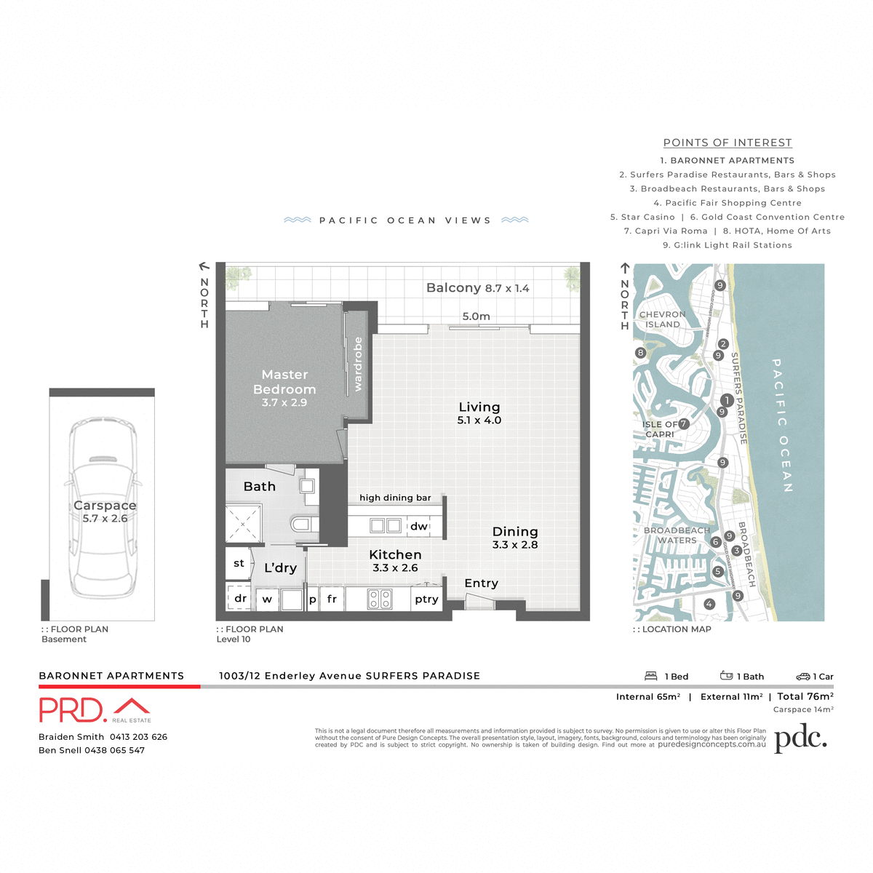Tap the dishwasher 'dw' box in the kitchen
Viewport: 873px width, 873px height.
419,526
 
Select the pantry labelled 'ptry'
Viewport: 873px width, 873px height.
426,599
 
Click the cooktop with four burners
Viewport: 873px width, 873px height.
380,599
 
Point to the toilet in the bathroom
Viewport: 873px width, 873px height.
303,524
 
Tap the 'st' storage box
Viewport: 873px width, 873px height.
239,563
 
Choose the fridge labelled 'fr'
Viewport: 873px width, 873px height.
332,599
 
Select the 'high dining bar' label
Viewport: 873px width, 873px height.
395,498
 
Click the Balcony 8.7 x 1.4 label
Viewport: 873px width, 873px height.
477,288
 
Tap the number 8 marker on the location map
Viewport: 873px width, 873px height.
640,353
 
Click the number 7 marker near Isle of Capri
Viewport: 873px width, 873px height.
683,423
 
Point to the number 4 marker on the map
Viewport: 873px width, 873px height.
709,604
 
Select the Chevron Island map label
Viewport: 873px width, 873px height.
662,319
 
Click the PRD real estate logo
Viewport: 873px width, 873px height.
95,710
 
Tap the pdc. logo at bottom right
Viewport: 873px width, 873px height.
800,738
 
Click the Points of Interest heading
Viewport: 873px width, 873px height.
727,143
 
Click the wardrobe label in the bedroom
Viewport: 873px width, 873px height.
357,364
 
